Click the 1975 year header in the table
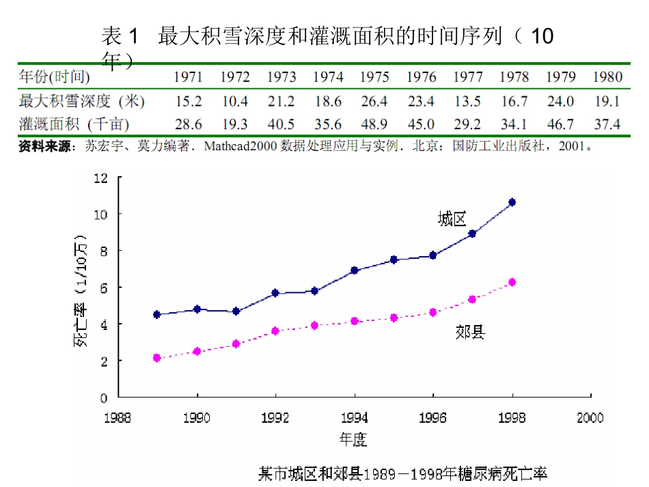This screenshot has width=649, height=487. pyautogui.click(x=374, y=76)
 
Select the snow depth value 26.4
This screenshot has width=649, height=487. pyautogui.click(x=374, y=101)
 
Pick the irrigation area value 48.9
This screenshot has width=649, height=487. pyautogui.click(x=374, y=124)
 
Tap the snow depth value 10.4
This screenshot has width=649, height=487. pyautogui.click(x=235, y=101)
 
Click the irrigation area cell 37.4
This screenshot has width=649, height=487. pyautogui.click(x=607, y=124)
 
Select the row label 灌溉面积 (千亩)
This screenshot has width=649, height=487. pyautogui.click(x=74, y=124)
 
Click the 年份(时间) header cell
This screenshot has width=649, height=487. pyautogui.click(x=54, y=76)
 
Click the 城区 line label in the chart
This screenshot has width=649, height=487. pyautogui.click(x=452, y=219)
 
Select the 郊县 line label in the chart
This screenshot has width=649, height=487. pyautogui.click(x=470, y=333)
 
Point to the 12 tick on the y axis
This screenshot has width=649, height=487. pyautogui.click(x=102, y=178)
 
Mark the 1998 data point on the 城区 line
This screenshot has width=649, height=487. pyautogui.click(x=512, y=202)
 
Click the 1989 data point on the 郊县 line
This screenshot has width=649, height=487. pyautogui.click(x=157, y=358)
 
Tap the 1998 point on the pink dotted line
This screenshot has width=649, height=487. pyautogui.click(x=512, y=282)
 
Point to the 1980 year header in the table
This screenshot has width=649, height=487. pyautogui.click(x=607, y=76)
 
